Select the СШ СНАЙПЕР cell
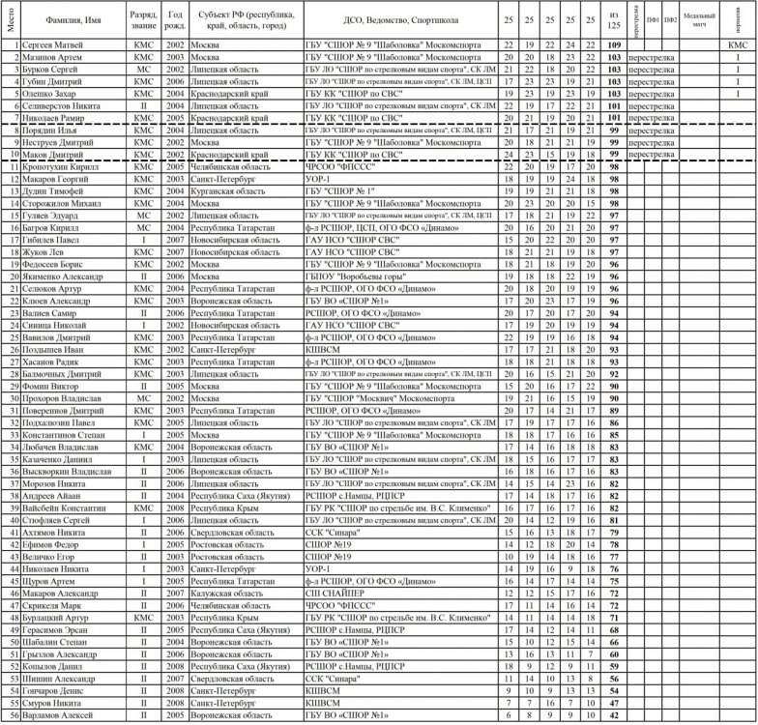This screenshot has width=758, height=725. [333, 593]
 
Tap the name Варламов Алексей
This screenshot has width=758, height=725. [56, 715]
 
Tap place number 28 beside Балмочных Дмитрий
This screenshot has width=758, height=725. [13, 374]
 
